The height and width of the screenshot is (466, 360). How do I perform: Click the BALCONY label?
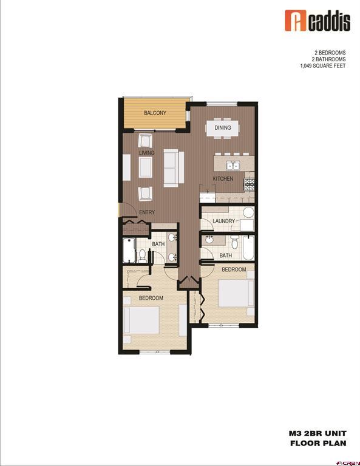click(x=155, y=113)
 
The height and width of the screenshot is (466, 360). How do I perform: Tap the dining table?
click(x=223, y=128)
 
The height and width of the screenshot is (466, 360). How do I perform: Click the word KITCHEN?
click(x=222, y=179)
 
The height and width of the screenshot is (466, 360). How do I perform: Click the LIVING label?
click(x=147, y=153)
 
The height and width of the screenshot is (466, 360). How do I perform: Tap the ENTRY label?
click(x=147, y=212)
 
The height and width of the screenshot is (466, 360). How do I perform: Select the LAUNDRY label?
click(x=223, y=221)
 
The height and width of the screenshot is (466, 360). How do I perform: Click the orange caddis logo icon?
click(x=293, y=21)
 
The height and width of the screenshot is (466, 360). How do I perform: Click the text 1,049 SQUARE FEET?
click(x=324, y=66)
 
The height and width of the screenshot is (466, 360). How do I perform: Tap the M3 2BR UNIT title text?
click(x=317, y=434)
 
